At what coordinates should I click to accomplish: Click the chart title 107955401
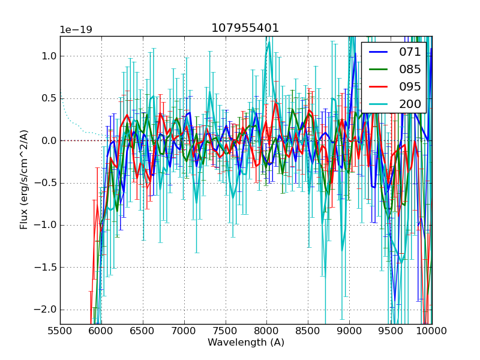tap(245, 28)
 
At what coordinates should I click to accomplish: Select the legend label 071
tap(410, 52)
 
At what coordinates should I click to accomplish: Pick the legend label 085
tap(410, 69)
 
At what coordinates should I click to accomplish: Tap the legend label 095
tap(410, 86)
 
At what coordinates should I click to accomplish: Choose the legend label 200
tap(410, 104)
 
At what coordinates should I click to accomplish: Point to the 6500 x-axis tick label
tap(143, 332)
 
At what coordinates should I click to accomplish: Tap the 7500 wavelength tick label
tap(226, 332)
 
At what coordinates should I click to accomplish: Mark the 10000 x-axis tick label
tap(431, 332)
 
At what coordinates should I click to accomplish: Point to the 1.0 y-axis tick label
tap(49, 56)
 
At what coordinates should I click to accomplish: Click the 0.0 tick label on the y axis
tap(49, 140)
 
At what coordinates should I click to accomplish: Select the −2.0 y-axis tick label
tap(46, 309)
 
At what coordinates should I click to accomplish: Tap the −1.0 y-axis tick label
tap(46, 225)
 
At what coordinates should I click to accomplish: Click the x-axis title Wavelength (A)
tap(246, 343)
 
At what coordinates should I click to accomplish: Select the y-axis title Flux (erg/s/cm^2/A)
tap(24, 179)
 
